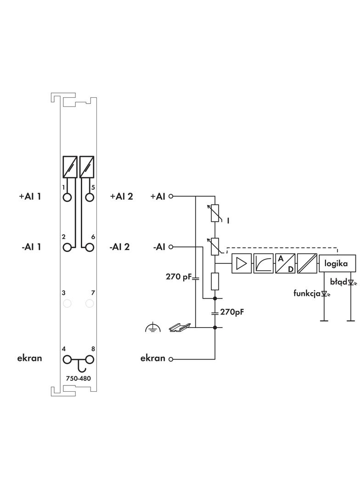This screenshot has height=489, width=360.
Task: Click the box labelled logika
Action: click(337, 264)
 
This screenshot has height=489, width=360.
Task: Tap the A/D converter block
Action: click(285, 264)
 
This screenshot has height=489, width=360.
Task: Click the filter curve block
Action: click(263, 264)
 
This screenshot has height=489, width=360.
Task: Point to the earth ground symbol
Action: click(152, 328)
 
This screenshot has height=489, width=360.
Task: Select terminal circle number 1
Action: click(67, 197)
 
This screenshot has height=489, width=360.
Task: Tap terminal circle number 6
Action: click(90, 247)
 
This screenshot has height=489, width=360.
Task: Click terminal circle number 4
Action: click(67, 359)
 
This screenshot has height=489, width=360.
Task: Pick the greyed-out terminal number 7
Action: click(90, 303)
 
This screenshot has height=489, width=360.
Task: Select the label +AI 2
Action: click(121, 196)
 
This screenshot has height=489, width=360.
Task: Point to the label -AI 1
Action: click(31, 247)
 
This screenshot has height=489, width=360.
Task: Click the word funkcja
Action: click(307, 293)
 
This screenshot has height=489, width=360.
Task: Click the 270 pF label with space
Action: click(178, 277)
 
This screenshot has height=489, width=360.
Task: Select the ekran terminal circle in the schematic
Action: click(171, 359)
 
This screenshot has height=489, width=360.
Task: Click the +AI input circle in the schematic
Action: click(171, 196)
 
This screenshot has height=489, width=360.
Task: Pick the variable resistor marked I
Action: click(214, 213)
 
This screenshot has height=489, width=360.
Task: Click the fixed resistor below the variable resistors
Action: click(214, 281)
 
